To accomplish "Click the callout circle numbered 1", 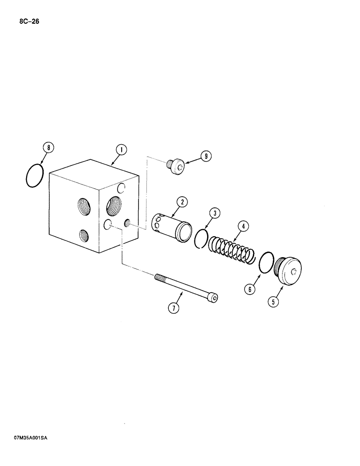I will (121, 150).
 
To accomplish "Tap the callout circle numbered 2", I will (182, 202).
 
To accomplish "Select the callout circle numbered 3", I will (214, 214).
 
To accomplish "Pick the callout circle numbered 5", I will (274, 302).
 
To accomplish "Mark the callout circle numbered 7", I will (173, 308).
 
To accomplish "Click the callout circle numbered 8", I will (48, 148).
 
